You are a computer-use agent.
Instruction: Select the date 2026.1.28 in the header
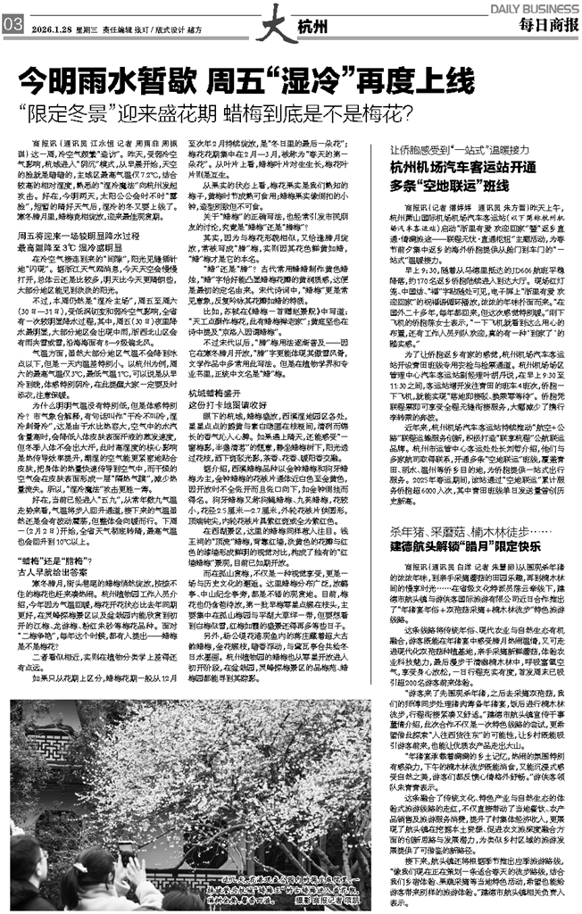click(50, 28)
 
